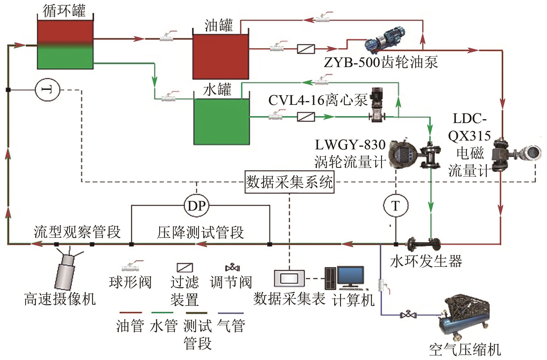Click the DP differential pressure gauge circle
click(x=196, y=206)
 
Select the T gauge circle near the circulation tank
click(x=47, y=89)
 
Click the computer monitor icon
click(x=350, y=277)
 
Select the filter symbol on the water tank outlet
click(x=306, y=117)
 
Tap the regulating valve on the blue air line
click(x=408, y=315)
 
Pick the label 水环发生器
click(x=426, y=261)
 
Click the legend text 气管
click(x=231, y=326)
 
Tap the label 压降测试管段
click(x=200, y=232)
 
